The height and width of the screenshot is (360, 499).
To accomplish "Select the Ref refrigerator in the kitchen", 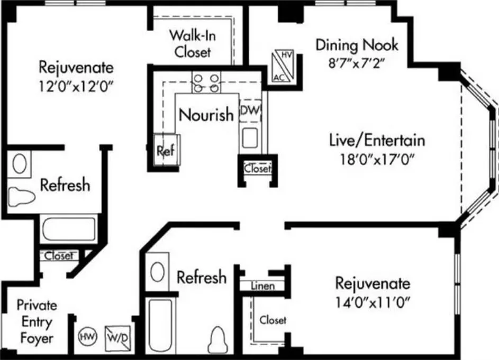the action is click(167, 150).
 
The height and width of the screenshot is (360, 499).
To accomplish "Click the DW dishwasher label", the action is click(250, 110).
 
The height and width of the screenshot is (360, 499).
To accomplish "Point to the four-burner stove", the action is click(206, 82).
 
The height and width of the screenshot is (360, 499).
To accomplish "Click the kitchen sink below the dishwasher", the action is click(250, 137).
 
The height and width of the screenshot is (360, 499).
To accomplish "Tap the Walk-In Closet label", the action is click(192, 43).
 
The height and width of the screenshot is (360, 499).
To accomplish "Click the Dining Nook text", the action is click(357, 45).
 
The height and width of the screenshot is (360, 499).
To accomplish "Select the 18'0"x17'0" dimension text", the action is click(377, 159).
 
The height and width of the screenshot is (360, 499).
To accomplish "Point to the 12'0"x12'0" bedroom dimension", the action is click(76, 86).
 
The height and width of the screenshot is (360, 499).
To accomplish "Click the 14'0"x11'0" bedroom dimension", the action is click(373, 302).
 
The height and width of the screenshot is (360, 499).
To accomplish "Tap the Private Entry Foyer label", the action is click(37, 321).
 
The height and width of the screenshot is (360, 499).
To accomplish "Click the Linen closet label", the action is click(263, 286).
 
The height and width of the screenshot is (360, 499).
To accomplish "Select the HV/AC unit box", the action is click(283, 66).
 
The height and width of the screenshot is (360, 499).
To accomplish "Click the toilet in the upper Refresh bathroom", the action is click(21, 197).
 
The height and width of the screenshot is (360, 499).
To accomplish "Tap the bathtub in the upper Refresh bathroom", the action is click(69, 229).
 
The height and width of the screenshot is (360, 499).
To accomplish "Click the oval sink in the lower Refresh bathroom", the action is click(157, 272).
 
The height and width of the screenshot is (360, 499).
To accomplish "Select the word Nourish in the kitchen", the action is click(206, 115).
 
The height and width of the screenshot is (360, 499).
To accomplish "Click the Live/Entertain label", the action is click(377, 140).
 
